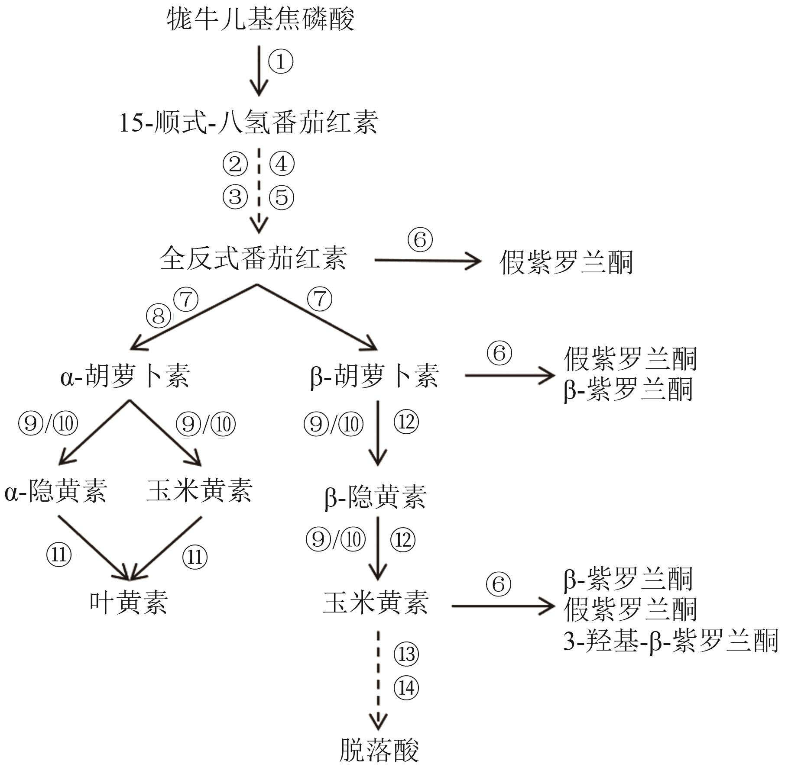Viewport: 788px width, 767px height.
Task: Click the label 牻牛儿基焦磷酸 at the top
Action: (261, 19)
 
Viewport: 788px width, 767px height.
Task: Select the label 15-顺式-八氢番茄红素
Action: (249, 122)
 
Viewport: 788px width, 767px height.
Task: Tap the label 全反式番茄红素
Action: (253, 258)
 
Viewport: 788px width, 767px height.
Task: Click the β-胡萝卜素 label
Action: (375, 375)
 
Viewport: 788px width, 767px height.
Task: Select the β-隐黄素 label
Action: (376, 496)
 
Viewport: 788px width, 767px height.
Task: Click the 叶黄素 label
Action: (129, 602)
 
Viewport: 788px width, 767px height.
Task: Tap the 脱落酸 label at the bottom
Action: (379, 750)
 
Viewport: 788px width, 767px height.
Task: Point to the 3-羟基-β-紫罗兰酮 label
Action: (671, 641)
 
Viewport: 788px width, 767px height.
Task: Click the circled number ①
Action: (281, 61)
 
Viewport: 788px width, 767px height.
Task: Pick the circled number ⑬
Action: (406, 654)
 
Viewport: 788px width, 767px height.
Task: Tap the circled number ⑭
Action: (406, 688)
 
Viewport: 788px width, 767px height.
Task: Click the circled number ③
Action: (235, 197)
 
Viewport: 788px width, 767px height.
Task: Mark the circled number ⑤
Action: (282, 197)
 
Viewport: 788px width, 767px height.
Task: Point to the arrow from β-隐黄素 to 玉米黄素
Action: (378, 548)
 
